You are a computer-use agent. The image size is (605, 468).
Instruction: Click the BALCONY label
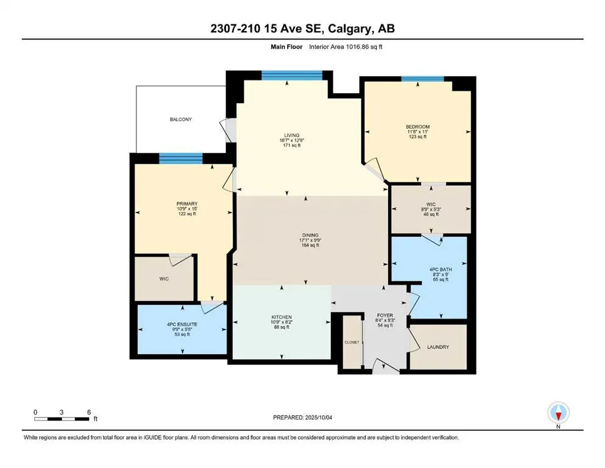180,119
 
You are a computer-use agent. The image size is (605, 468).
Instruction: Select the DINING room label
310,235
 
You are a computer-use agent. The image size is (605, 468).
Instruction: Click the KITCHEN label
281,317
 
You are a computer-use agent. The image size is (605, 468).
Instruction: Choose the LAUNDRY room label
437,347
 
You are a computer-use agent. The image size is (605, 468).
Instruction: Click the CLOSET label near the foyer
352,342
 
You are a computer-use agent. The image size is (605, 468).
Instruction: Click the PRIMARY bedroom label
186,204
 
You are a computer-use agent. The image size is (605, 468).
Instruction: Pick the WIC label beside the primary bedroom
164,278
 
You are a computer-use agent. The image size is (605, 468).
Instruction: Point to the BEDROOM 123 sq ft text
417,136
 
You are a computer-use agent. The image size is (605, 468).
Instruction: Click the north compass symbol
558,414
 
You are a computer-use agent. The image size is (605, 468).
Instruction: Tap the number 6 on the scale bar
89,412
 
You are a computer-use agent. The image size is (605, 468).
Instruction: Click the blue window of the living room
291,75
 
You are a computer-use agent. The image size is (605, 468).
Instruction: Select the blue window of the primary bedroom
181,158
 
